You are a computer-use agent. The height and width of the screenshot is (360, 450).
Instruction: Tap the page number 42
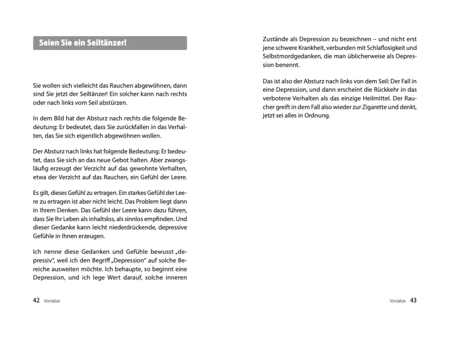point(36,301)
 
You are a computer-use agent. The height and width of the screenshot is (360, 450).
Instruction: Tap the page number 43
point(414,301)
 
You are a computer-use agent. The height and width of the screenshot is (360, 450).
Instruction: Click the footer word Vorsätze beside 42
point(52,301)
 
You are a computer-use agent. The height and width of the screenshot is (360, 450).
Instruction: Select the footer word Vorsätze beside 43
point(398,301)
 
